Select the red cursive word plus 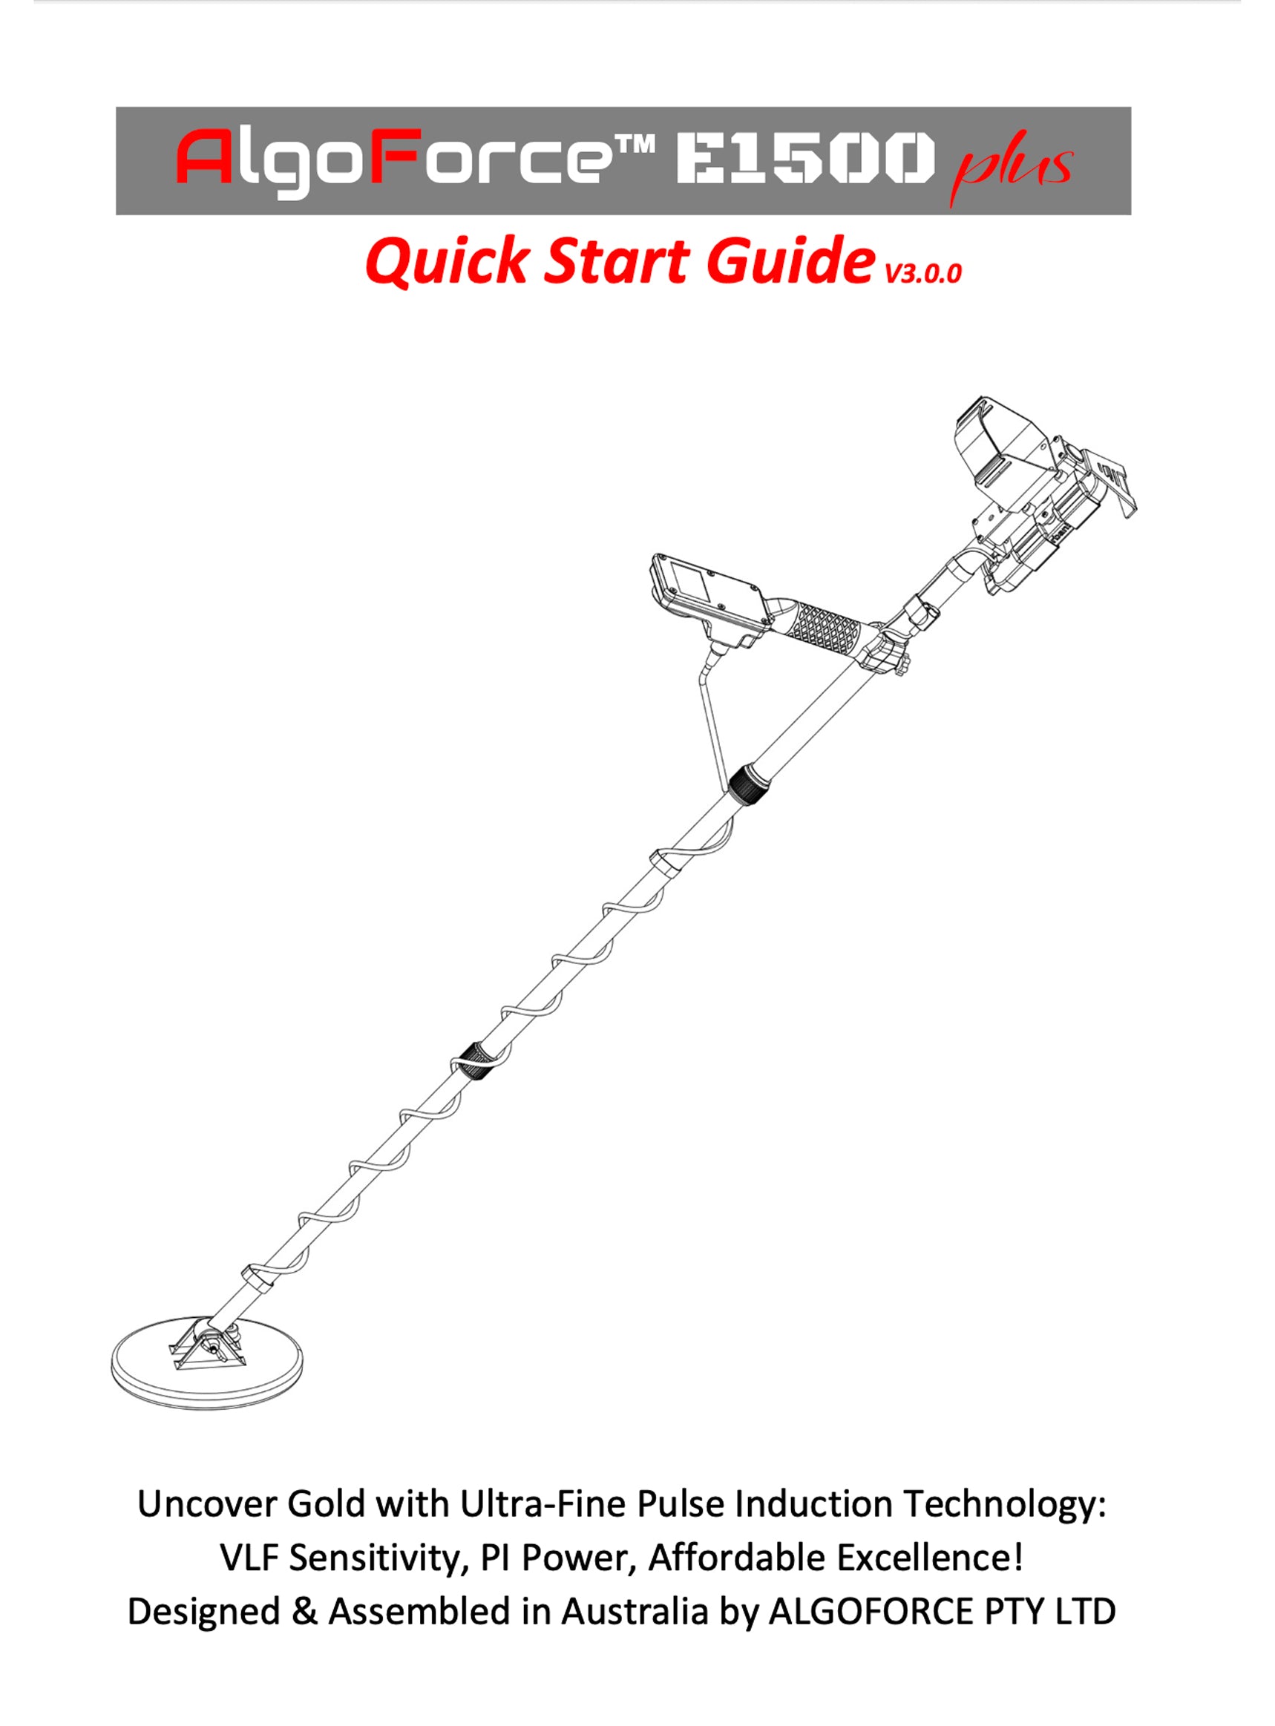(x=1011, y=167)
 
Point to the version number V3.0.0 (x=923, y=273)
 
